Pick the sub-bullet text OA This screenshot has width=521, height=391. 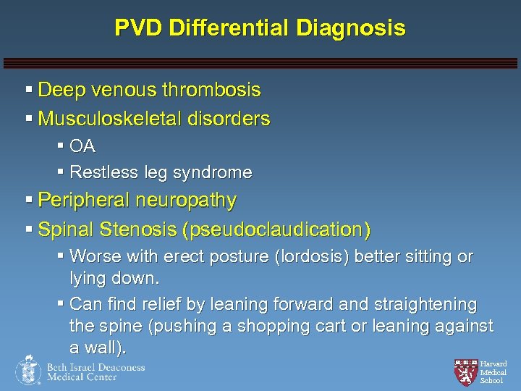click(82, 146)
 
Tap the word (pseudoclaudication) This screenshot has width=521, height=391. click(277, 230)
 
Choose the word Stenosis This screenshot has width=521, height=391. click(141, 230)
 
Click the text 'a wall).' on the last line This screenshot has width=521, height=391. click(98, 348)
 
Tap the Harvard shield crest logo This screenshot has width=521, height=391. click(465, 371)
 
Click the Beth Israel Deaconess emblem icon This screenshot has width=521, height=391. click(28, 370)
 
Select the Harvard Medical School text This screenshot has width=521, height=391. click(494, 371)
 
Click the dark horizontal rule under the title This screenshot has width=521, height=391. click(260, 63)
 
